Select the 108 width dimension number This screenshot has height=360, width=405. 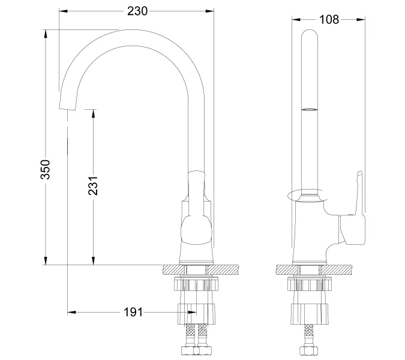[x=329, y=19]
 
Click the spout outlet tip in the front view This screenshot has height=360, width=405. [x=67, y=107]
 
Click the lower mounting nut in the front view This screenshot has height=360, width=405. [x=196, y=313]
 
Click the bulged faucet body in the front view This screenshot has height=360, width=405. [x=197, y=231]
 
